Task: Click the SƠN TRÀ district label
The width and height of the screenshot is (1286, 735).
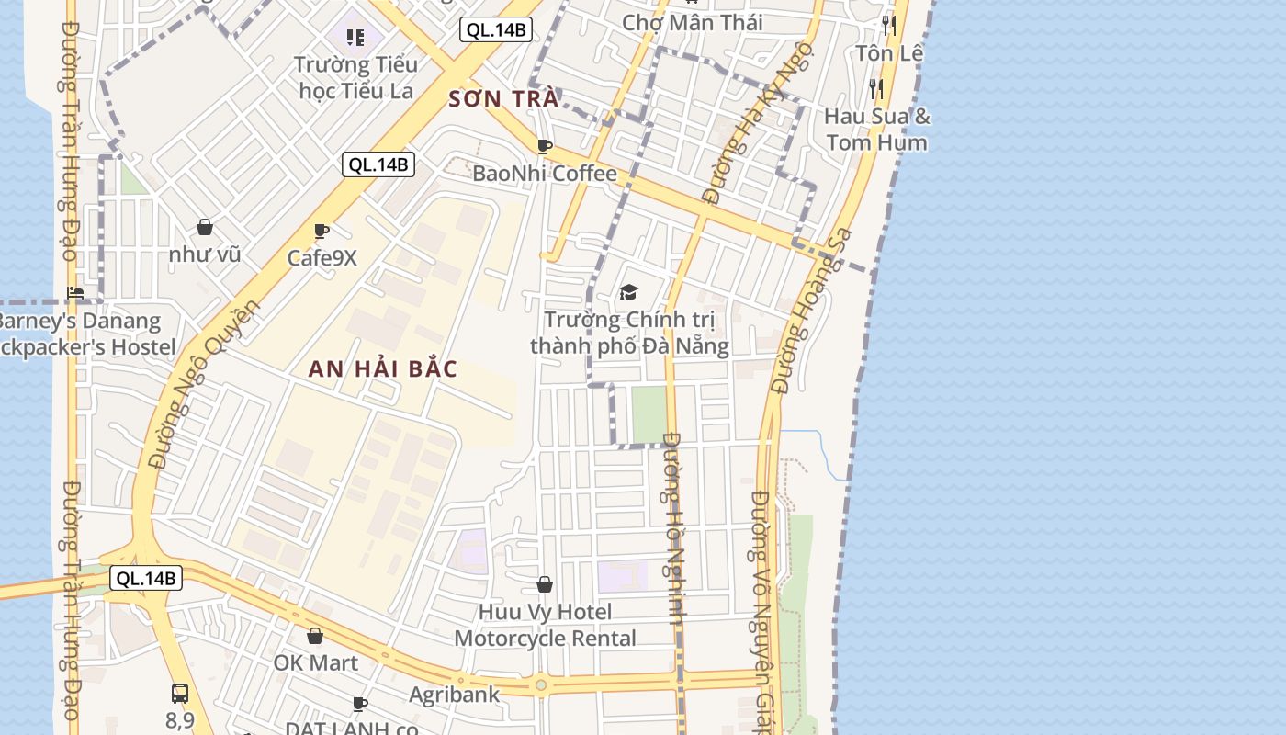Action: [504, 98]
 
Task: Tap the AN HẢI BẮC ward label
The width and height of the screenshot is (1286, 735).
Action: [383, 369]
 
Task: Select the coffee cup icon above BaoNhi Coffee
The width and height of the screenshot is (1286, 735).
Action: [545, 146]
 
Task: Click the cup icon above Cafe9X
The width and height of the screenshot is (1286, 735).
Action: [321, 231]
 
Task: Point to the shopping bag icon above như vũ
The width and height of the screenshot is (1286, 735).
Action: [205, 227]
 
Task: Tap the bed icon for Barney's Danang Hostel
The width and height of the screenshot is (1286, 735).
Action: [75, 293]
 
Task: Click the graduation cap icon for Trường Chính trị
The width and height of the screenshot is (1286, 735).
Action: [628, 292]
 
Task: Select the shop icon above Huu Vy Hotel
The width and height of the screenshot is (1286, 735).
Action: [545, 584]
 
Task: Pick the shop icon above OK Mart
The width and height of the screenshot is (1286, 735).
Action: [315, 636]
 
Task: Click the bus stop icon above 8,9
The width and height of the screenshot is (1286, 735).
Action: [180, 694]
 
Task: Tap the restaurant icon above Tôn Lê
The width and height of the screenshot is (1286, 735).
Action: [888, 25]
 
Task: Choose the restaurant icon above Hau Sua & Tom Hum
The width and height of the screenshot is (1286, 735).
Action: [876, 88]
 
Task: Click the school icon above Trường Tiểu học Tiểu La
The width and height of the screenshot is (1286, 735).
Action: [355, 38]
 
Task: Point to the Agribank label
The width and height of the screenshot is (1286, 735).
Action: [455, 695]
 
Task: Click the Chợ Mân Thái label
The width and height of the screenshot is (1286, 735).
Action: [693, 22]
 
